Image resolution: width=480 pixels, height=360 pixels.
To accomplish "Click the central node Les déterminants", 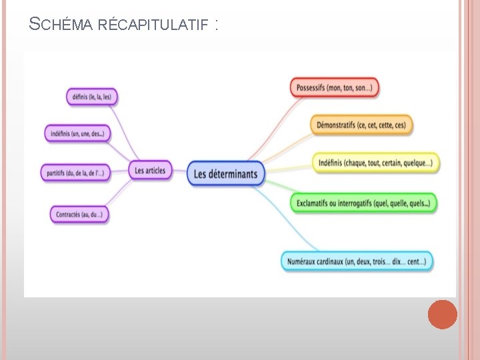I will [226, 174].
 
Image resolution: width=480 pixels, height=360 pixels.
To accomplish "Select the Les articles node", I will [149, 171].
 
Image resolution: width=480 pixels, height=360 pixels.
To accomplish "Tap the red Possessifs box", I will [334, 87].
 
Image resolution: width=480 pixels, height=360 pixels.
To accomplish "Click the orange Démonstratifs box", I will [361, 125].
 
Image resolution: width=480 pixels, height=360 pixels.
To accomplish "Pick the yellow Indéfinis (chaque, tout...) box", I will [375, 163].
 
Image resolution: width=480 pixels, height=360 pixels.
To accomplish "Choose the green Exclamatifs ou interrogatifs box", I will [363, 203].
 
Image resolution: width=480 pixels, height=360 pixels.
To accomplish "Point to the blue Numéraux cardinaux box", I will [357, 261].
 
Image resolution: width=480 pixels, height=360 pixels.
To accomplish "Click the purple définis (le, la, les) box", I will [92, 97].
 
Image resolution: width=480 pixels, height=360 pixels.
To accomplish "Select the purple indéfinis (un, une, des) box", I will [77, 133].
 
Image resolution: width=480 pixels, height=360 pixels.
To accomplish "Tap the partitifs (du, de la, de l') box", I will [76, 173].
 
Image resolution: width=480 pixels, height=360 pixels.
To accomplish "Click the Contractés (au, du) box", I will [79, 214].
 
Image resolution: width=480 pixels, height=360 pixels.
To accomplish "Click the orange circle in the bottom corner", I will [442, 315].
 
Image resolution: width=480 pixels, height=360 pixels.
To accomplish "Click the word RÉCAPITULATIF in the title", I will [153, 26].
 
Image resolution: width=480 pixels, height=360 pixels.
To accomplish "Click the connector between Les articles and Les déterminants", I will [179, 172].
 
